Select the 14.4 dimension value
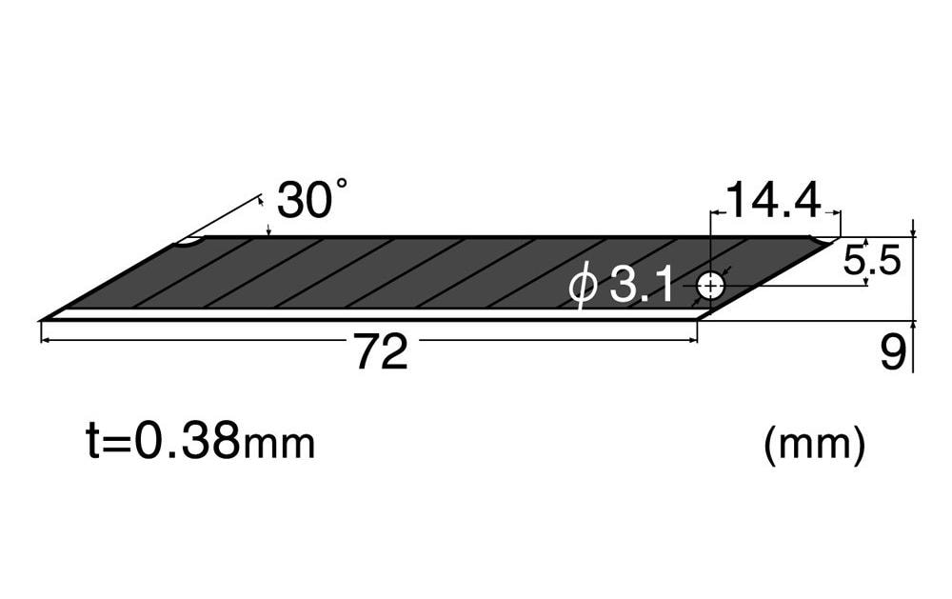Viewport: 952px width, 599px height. point(772,200)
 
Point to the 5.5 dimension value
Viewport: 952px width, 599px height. point(871,260)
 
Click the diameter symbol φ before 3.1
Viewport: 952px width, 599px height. point(583,287)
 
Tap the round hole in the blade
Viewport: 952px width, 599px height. point(710,285)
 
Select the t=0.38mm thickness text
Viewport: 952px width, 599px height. point(200,443)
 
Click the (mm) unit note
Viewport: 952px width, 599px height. point(814,444)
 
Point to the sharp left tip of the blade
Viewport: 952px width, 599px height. point(44,318)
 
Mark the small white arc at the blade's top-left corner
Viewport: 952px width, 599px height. point(188,243)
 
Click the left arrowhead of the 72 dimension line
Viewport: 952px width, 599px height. point(46,339)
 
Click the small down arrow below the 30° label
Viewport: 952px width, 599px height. point(269,230)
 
